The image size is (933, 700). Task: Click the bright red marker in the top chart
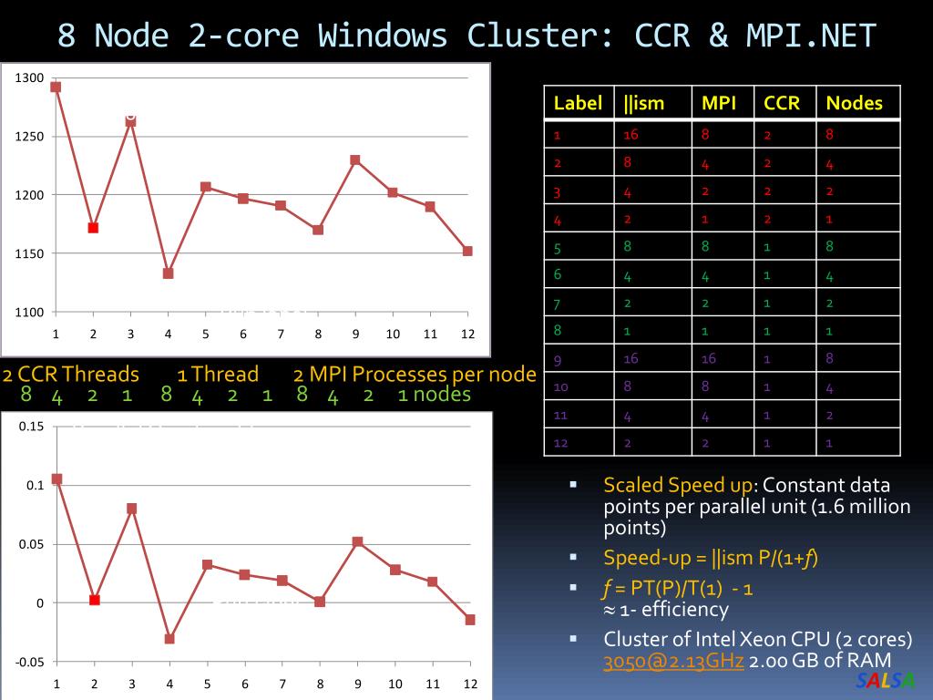93,228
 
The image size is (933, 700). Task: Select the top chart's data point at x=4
168,273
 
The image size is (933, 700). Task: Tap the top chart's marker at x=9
355,160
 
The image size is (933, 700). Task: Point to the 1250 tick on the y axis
31,137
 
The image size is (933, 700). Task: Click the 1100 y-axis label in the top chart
31,313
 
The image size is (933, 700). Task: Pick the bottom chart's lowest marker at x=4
169,639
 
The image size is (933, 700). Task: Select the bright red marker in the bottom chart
94,600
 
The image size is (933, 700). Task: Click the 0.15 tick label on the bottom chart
31,427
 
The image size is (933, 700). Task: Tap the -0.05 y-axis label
29,662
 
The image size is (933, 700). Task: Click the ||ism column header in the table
644,103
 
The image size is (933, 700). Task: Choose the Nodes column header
854,103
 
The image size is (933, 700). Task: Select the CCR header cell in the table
782,103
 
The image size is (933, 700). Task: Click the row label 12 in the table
561,443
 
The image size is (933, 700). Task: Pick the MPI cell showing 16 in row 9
709,359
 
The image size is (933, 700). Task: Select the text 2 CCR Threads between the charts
71,374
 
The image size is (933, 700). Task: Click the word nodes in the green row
442,395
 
